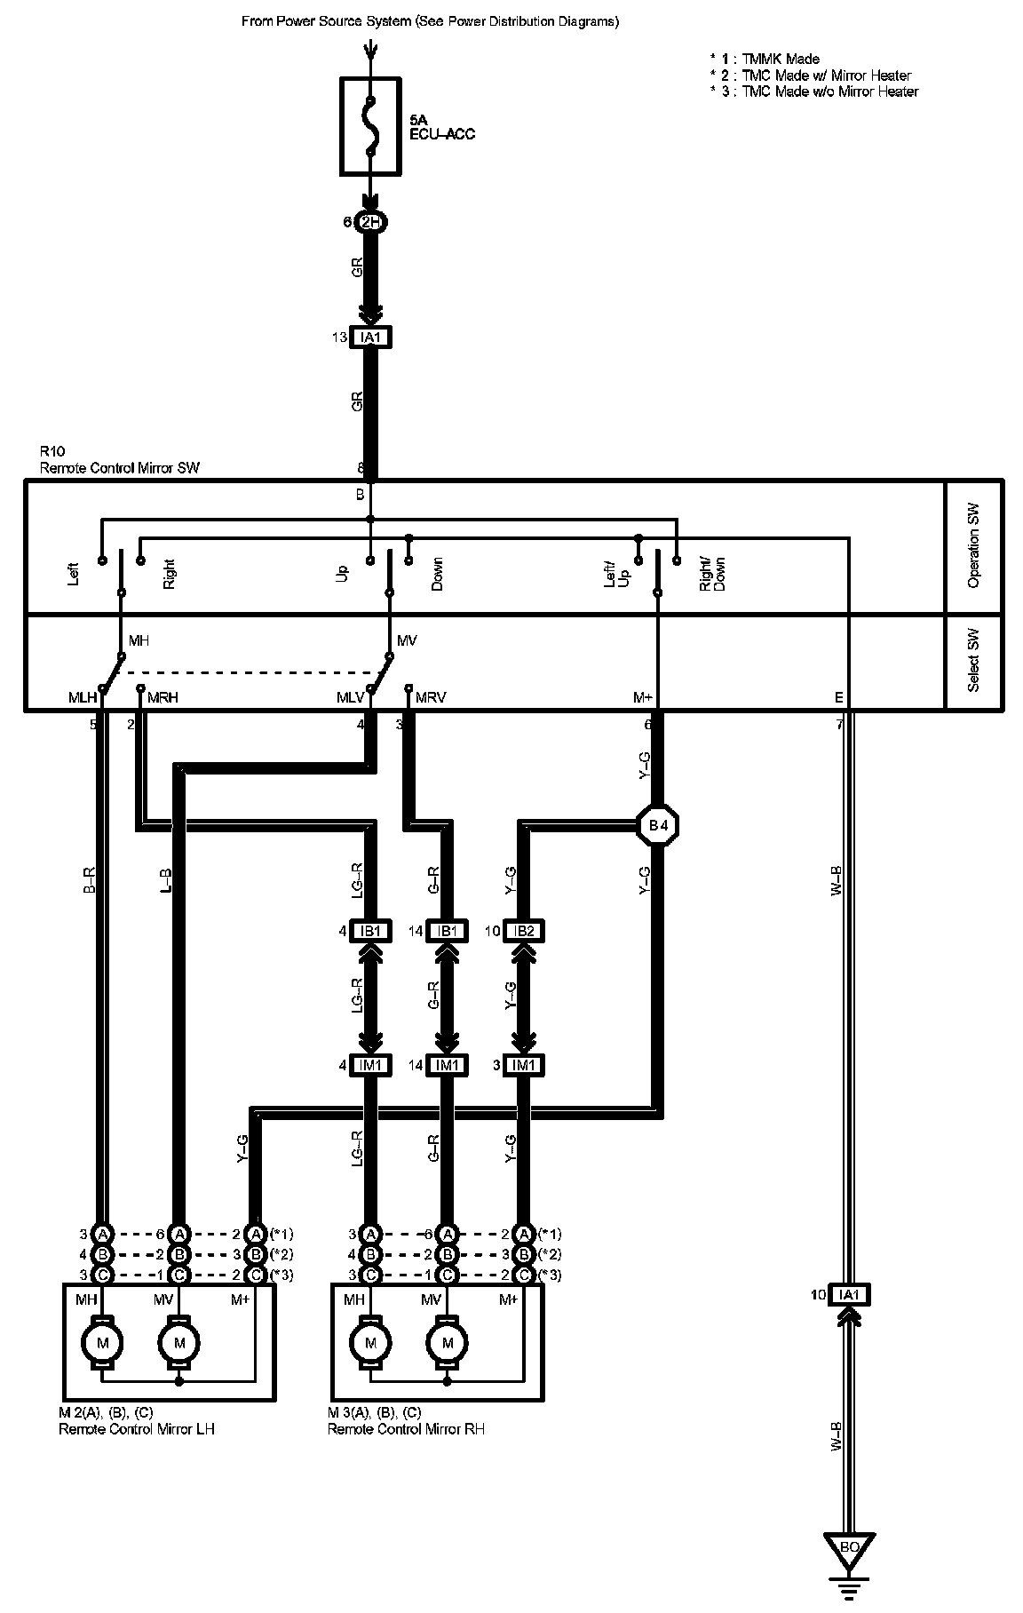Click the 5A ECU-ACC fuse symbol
[x=372, y=125]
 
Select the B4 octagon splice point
[x=658, y=826]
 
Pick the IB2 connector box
[x=524, y=931]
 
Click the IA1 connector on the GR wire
[x=371, y=338]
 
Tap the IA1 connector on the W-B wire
[x=849, y=1295]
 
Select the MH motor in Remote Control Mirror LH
[x=103, y=1342]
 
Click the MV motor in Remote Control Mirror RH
[x=448, y=1342]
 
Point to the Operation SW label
[x=974, y=546]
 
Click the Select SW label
[x=974, y=661]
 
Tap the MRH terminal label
[x=163, y=697]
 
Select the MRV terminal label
[x=431, y=697]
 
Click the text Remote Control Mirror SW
[x=120, y=467]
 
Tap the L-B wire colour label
[x=166, y=879]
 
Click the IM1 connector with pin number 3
[x=524, y=1065]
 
